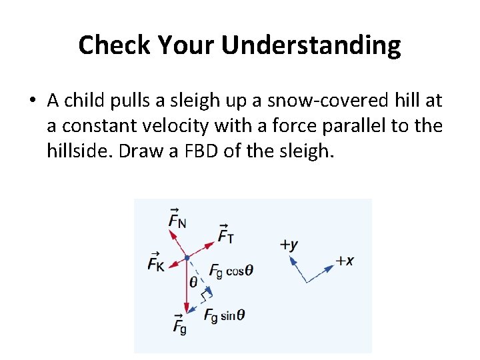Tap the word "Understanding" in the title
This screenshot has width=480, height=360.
tap(311, 45)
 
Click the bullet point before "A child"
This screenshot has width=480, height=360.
tap(33, 101)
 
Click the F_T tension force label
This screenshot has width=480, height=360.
tap(225, 234)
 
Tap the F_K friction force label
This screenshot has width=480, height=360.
tap(156, 262)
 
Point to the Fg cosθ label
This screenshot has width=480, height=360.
tap(230, 270)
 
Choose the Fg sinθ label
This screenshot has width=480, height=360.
tap(224, 315)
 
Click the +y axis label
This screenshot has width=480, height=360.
tap(289, 244)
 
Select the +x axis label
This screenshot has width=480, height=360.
tap(344, 260)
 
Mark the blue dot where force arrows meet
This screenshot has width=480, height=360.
tap(187, 257)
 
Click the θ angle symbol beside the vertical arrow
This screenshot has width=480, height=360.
tap(193, 281)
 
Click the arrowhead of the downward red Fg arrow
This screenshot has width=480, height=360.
tap(187, 308)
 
